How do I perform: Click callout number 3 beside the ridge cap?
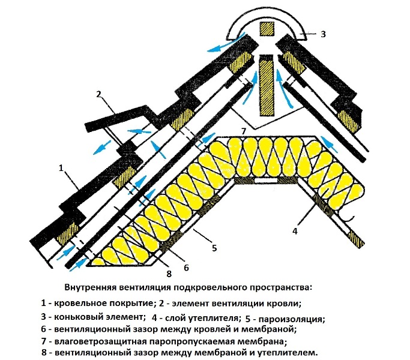point(323,34)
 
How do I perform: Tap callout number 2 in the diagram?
point(98,94)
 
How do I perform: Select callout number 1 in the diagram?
point(61,168)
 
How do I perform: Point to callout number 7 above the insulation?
point(244,131)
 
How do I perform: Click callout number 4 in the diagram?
point(295,231)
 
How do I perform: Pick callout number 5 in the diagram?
point(214,248)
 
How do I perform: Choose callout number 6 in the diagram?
point(186,268)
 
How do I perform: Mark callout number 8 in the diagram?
point(169,274)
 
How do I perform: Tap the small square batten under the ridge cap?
point(267,29)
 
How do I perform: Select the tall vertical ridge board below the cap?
point(267,85)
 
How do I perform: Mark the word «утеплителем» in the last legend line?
point(287,353)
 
